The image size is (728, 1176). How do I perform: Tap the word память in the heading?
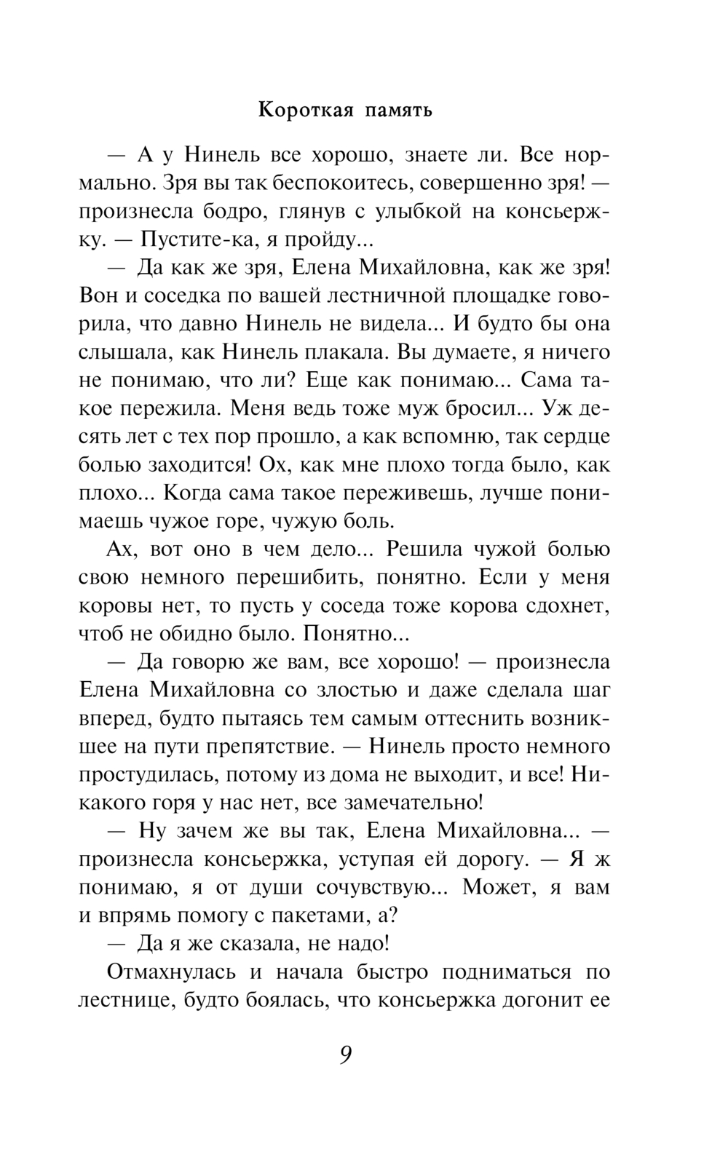coord(398,111)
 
